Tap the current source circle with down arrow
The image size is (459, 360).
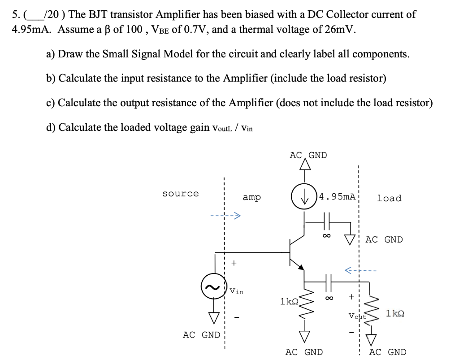click(304, 197)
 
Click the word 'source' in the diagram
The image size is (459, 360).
click(180, 194)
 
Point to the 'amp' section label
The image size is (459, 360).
click(252, 197)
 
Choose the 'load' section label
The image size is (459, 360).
click(389, 198)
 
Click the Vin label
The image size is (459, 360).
click(236, 292)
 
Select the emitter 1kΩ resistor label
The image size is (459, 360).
click(289, 301)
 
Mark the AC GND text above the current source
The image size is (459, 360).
click(308, 155)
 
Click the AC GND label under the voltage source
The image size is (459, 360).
click(201, 334)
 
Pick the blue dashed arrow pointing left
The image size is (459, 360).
click(361, 270)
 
